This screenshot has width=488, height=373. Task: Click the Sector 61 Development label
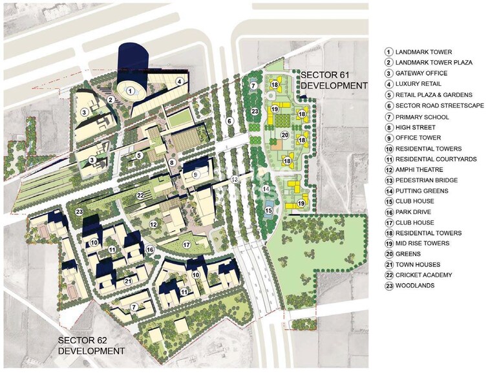pos(334,80)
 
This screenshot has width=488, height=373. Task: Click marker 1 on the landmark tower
pos(131,91)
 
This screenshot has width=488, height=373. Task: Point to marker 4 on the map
pos(178,81)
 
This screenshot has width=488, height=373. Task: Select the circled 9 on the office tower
pos(195,173)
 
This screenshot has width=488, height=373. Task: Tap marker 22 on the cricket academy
pos(140,195)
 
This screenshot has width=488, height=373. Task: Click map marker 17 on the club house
pos(186,244)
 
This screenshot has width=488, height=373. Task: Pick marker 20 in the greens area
pos(284,136)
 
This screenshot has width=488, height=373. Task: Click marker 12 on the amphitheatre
pos(154,224)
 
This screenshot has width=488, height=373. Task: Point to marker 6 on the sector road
pos(228,121)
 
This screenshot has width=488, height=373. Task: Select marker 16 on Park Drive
pos(150,249)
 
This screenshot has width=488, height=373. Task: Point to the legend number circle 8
pos(389,127)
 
